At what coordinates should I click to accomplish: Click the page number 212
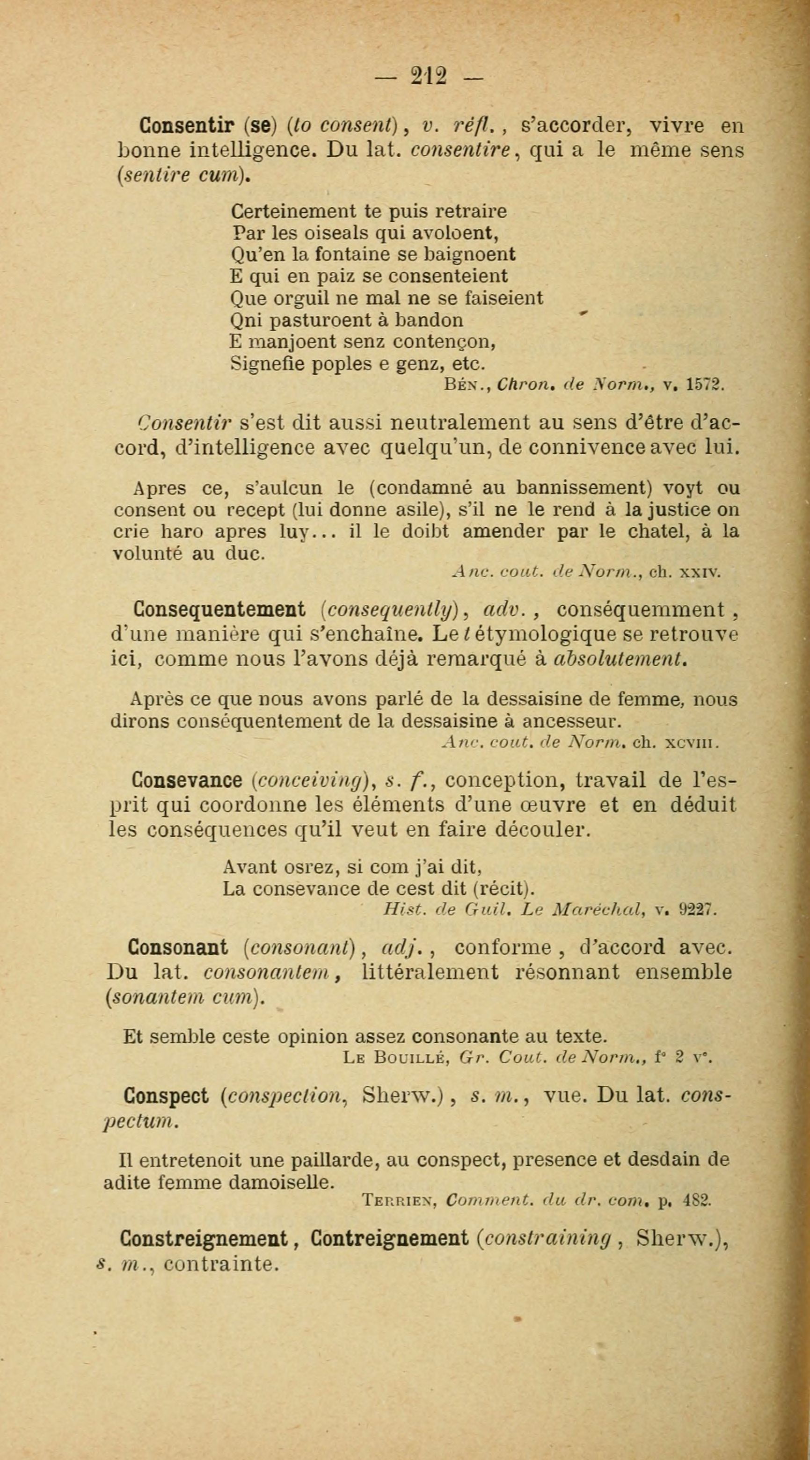[x=429, y=75]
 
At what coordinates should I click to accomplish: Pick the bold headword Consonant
[x=178, y=947]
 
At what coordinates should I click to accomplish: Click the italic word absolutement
[x=620, y=659]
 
